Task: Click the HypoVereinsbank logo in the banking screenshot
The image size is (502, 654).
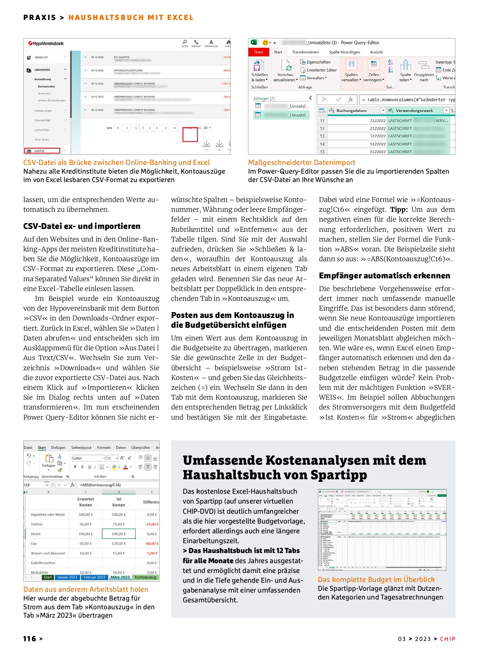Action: pyautogui.click(x=46, y=44)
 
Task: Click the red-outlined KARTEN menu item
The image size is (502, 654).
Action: pyautogui.click(x=42, y=151)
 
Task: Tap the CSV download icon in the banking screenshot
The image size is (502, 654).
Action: pyautogui.click(x=206, y=144)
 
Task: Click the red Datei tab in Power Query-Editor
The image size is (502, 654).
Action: pyautogui.click(x=258, y=52)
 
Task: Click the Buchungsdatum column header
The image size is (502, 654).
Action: pyautogui.click(x=351, y=110)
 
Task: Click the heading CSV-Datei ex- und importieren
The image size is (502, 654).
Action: pyautogui.click(x=82, y=226)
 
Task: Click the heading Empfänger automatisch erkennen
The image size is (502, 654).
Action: pyautogui.click(x=384, y=275)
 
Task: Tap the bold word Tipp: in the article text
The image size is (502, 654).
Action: pyautogui.click(x=399, y=210)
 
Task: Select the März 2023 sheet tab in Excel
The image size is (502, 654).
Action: pyautogui.click(x=120, y=577)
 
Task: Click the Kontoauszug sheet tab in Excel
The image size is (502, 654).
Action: pyautogui.click(x=145, y=577)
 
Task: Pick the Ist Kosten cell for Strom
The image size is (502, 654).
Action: pyautogui.click(x=118, y=534)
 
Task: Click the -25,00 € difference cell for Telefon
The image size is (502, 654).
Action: pyautogui.click(x=151, y=524)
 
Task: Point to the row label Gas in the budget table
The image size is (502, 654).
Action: pyautogui.click(x=34, y=544)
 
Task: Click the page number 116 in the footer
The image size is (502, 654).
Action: pyautogui.click(x=30, y=639)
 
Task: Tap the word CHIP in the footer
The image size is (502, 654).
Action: pyautogui.click(x=448, y=639)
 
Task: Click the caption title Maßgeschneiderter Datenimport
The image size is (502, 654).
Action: pyautogui.click(x=301, y=162)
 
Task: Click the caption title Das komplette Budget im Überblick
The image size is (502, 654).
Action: pyautogui.click(x=376, y=580)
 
